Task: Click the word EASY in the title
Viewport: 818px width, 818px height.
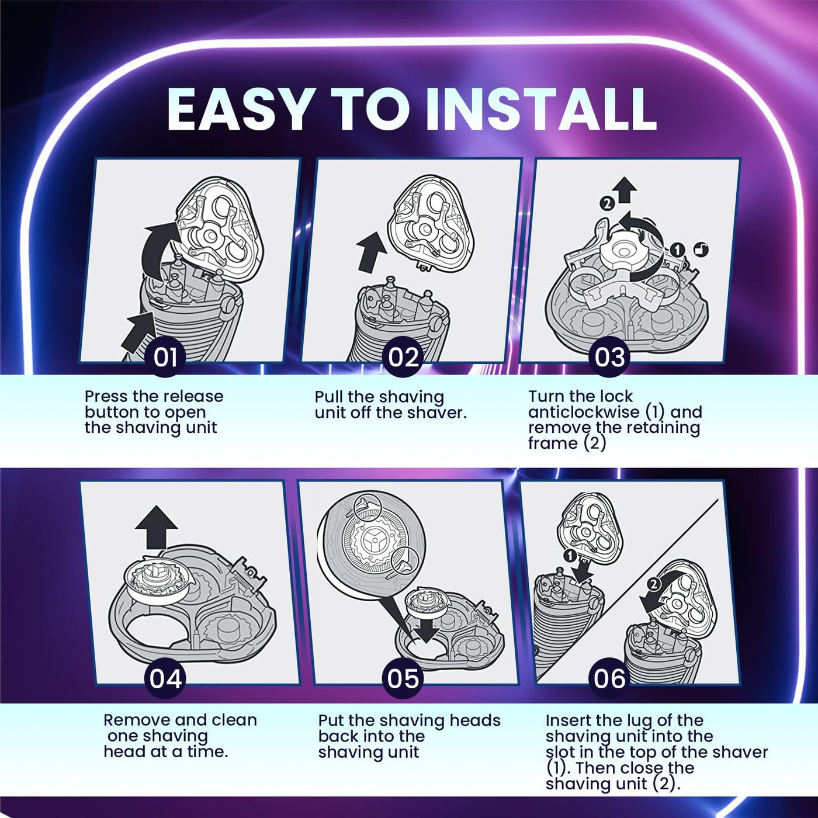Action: click(x=238, y=110)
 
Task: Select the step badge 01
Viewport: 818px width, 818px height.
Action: click(x=165, y=357)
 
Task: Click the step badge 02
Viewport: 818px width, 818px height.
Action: click(x=403, y=357)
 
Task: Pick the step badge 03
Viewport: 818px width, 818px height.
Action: click(x=609, y=357)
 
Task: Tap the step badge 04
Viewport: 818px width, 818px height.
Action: click(x=165, y=679)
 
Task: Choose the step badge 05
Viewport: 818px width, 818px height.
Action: click(x=403, y=679)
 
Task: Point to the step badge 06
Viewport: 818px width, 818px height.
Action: click(x=609, y=679)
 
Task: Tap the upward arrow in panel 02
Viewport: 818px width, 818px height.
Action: click(x=370, y=251)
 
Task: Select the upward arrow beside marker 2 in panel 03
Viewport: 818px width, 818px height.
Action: click(x=626, y=190)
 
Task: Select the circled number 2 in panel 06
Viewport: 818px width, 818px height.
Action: click(x=654, y=584)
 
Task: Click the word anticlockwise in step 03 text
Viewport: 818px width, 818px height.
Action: click(x=584, y=412)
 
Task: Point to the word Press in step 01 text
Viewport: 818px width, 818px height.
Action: click(x=106, y=397)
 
